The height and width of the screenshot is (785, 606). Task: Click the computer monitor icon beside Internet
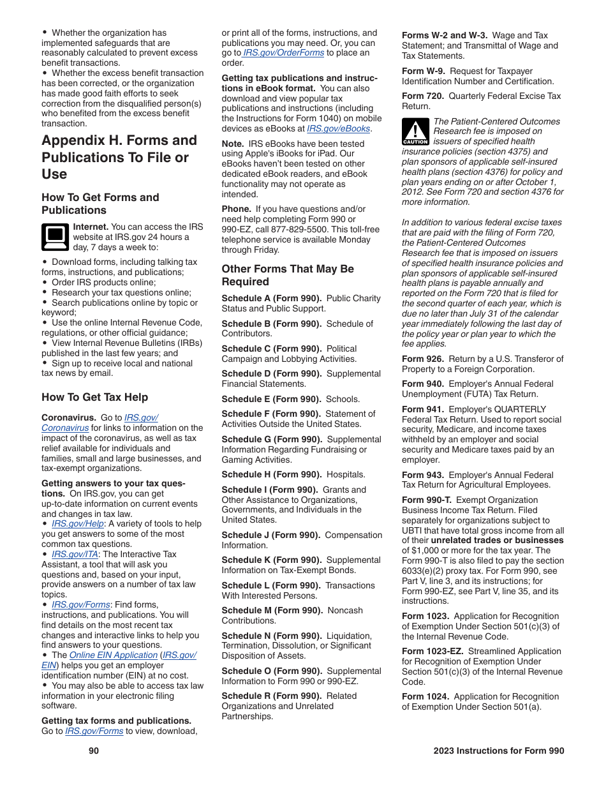click(55, 237)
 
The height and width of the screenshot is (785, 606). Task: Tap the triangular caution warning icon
click(415, 132)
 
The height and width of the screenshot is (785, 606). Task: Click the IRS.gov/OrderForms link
click(283, 53)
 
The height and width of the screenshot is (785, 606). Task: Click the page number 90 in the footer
click(94, 751)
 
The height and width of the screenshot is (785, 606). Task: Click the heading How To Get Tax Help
click(94, 398)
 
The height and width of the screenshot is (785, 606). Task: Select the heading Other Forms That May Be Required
click(288, 276)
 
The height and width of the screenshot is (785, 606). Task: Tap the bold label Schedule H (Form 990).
click(271, 475)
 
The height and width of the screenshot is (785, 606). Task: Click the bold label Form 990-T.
click(427, 500)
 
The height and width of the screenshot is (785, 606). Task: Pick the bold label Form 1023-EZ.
click(432, 652)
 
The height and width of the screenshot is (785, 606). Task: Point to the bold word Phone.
click(236, 209)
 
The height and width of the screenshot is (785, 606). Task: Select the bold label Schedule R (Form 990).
click(271, 696)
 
